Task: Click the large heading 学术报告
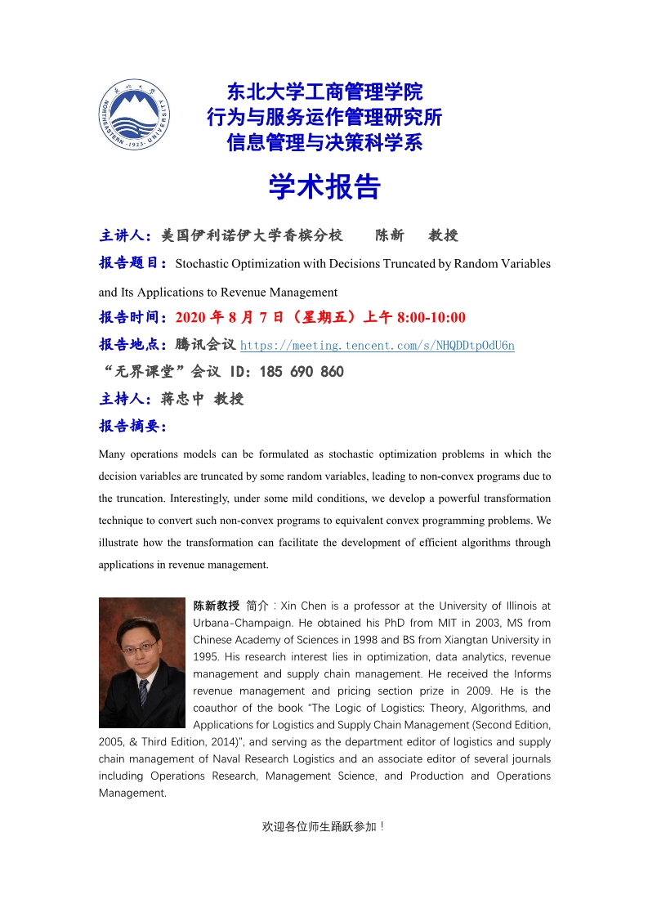click(324, 187)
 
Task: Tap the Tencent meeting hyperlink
click(377, 345)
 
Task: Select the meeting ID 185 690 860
click(302, 372)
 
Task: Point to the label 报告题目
click(132, 263)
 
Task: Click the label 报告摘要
click(132, 426)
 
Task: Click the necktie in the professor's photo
click(144, 693)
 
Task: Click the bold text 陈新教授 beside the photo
click(217, 606)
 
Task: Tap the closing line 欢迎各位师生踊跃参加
click(323, 826)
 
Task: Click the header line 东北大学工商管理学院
click(324, 92)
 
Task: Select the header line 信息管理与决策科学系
click(324, 143)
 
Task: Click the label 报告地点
click(132, 345)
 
